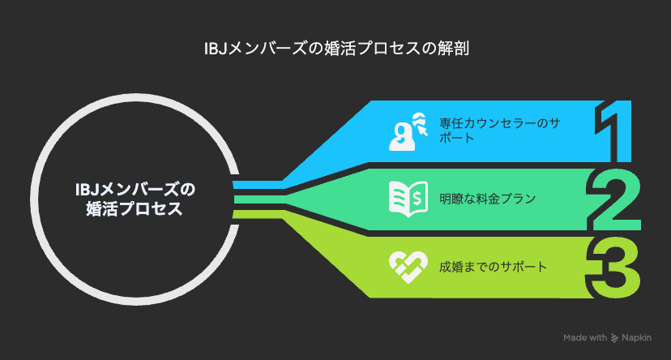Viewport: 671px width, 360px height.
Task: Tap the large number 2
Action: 614,200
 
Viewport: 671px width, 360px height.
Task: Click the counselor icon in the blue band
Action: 408,131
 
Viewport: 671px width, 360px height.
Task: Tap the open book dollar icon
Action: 408,199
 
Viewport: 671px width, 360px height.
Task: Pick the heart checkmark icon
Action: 408,267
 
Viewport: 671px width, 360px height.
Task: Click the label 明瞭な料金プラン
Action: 487,199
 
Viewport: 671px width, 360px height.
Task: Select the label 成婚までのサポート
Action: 493,267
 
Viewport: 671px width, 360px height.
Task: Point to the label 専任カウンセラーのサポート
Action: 499,131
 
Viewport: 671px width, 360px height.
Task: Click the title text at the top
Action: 336,48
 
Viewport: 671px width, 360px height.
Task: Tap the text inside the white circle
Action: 135,199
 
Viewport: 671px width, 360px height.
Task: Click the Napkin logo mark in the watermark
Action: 614,338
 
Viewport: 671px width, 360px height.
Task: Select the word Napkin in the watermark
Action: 636,338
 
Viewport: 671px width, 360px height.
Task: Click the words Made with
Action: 585,338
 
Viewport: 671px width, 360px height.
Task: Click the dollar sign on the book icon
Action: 417,198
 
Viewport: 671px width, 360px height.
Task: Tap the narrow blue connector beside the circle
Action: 258,185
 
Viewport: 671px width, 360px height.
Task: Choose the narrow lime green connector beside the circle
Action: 258,214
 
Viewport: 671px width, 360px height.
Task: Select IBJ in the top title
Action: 216,49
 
